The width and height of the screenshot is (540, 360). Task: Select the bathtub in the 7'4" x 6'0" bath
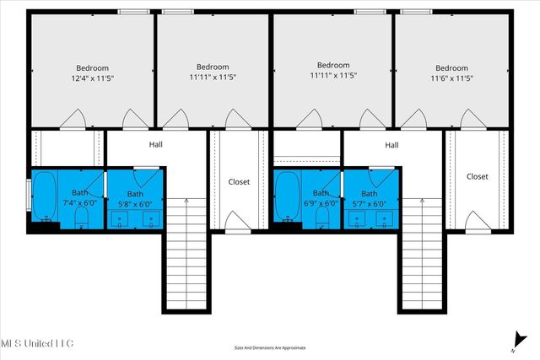(x=46, y=198)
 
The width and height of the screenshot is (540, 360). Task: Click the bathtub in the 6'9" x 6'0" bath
(x=287, y=198)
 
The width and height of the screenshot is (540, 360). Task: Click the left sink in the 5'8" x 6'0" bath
(x=121, y=220)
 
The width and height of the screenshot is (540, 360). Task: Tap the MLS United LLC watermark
(x=37, y=342)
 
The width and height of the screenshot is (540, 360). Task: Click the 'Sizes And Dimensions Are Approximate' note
(x=270, y=347)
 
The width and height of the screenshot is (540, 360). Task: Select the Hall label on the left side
(x=156, y=144)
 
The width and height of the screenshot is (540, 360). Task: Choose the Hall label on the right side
(x=391, y=144)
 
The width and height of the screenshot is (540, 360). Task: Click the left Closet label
(x=239, y=181)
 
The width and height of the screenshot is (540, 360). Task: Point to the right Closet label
(x=478, y=176)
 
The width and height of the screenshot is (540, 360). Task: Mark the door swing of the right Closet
(x=477, y=221)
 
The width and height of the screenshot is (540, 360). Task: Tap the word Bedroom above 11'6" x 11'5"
(x=451, y=68)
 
